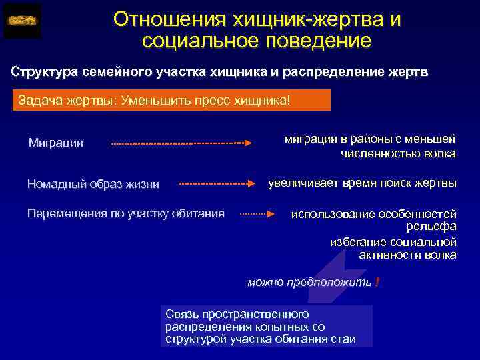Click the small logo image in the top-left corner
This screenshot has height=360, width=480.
tap(22, 21)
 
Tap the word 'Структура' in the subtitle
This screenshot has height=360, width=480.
tap(43, 71)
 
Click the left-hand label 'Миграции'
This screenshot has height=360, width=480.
tap(56, 143)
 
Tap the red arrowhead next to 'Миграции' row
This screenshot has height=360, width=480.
tap(247, 143)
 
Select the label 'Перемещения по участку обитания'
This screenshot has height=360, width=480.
tap(125, 213)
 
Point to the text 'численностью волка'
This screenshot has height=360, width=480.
tap(399, 154)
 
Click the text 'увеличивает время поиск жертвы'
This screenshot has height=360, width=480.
tap(362, 182)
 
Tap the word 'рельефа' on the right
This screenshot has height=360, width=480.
tap(434, 227)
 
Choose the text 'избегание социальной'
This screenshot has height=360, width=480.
tap(393, 241)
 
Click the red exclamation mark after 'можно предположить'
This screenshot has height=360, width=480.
tap(377, 283)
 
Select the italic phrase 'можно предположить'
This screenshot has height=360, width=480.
tap(309, 283)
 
